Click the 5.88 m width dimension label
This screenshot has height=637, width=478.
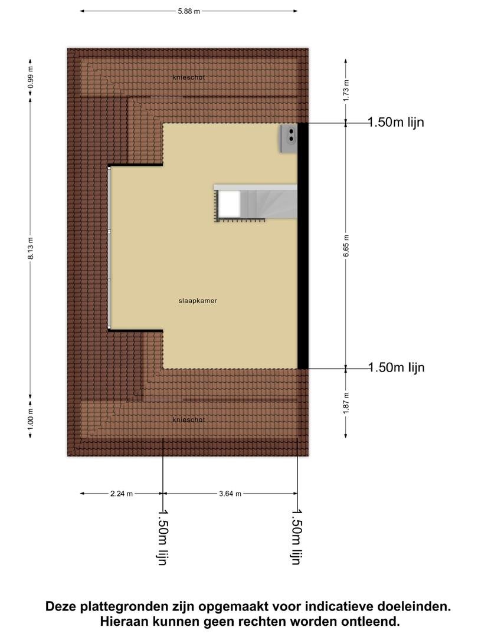[x=189, y=11]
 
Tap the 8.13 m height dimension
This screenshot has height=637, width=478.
[x=31, y=248]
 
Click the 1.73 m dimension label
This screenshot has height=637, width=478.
[x=346, y=90]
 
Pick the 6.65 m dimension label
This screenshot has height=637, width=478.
[x=346, y=246]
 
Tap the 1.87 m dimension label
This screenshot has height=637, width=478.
[x=346, y=403]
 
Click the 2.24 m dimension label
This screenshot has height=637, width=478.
[x=122, y=494]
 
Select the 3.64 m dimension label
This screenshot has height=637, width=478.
[x=230, y=494]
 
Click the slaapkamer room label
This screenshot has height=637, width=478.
[x=198, y=301]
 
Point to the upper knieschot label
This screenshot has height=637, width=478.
[x=189, y=77]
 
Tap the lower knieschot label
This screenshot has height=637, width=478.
[x=189, y=420]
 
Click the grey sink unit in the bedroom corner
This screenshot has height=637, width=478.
[x=289, y=139]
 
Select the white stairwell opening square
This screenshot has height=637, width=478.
[x=229, y=204]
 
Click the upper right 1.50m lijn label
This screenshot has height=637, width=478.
[x=396, y=122]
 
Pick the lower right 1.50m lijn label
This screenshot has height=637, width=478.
[x=397, y=367]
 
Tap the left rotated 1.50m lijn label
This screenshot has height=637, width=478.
[x=162, y=537]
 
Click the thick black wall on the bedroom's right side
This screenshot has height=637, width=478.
[x=303, y=246]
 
